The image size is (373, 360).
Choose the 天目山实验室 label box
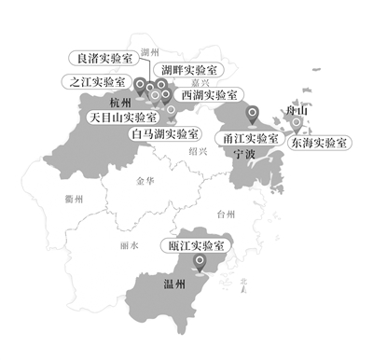coord(122,118)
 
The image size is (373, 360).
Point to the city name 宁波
coord(245,152)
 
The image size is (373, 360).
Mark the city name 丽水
coord(130,245)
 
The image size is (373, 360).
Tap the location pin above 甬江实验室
coord(251,115)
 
